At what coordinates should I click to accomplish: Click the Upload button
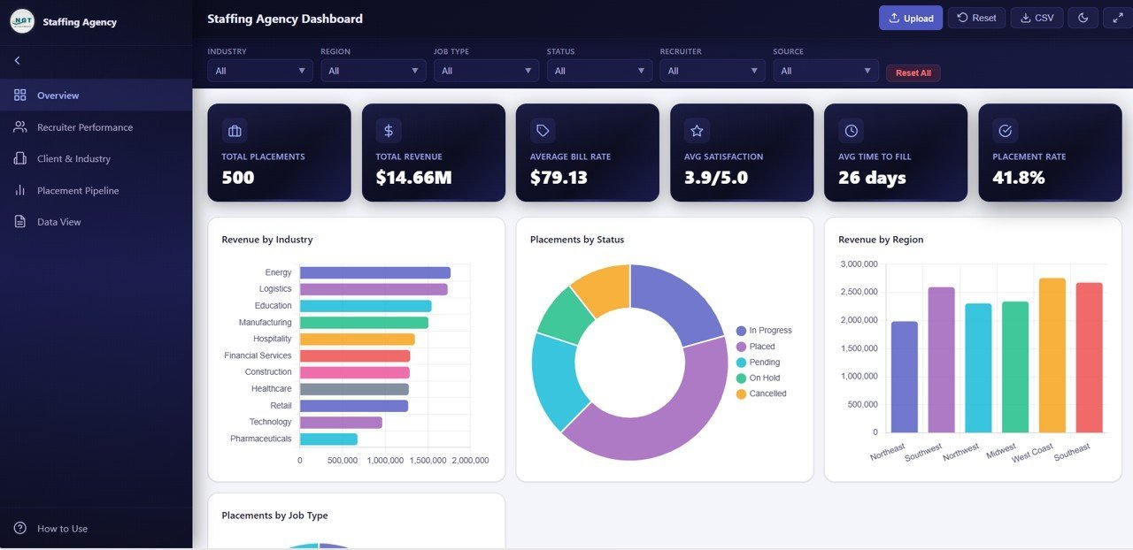910,18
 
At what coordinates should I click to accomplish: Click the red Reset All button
913,73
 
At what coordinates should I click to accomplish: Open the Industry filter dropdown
259,71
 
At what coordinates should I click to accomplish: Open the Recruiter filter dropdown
712,71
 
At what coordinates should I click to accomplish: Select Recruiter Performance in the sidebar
84,127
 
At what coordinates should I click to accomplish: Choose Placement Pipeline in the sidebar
77,191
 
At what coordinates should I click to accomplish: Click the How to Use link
62,529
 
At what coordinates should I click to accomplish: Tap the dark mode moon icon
1083,18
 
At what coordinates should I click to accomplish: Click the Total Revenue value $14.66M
413,178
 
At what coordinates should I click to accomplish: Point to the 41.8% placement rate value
1019,178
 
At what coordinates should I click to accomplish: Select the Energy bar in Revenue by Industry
374,273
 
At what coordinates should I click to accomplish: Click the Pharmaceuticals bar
328,439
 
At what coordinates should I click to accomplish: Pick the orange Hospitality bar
357,340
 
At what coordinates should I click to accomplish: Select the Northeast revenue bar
904,377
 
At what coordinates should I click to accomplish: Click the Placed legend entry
761,347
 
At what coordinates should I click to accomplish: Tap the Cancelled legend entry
767,394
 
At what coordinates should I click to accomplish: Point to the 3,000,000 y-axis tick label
858,264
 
